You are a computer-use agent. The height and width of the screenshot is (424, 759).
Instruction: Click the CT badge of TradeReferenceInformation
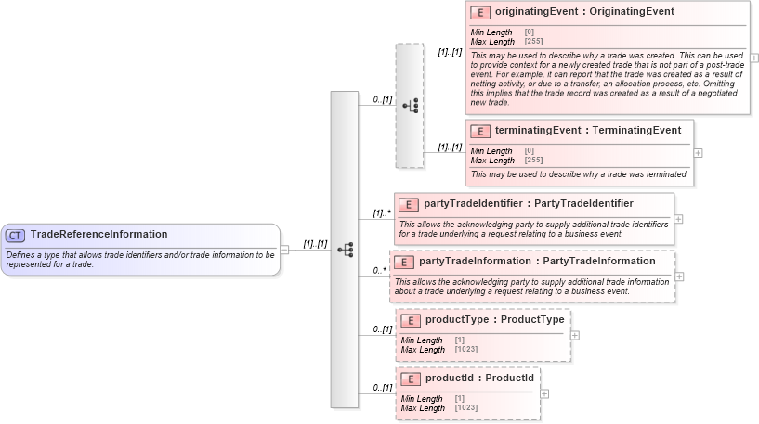point(16,235)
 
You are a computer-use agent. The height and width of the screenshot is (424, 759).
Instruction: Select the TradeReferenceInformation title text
point(98,235)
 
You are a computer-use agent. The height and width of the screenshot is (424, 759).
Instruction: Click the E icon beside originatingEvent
point(480,12)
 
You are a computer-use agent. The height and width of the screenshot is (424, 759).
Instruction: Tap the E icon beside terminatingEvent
point(480,131)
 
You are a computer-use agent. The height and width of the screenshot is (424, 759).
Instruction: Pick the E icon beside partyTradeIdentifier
point(409,204)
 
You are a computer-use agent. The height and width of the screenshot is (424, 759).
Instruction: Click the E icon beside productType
point(410,320)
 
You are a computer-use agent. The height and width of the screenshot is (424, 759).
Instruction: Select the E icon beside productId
point(410,379)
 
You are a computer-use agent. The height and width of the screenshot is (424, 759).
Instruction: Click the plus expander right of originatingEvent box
point(754,58)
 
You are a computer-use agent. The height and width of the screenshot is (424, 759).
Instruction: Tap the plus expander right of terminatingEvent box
point(699,153)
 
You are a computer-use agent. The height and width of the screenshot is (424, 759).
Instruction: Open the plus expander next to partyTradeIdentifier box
point(679,219)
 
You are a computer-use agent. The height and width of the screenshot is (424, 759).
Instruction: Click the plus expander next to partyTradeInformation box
point(680,276)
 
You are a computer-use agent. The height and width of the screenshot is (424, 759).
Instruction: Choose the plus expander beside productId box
point(544,393)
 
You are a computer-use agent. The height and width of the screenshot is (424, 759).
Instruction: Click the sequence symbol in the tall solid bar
point(345,250)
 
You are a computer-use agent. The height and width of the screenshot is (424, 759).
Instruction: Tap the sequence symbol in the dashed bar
point(410,105)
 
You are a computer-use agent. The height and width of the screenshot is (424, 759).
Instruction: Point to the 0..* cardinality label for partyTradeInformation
point(379,271)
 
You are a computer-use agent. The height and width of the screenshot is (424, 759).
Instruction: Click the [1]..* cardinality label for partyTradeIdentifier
point(380,212)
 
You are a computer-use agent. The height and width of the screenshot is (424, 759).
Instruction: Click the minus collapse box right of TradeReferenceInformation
point(285,250)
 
